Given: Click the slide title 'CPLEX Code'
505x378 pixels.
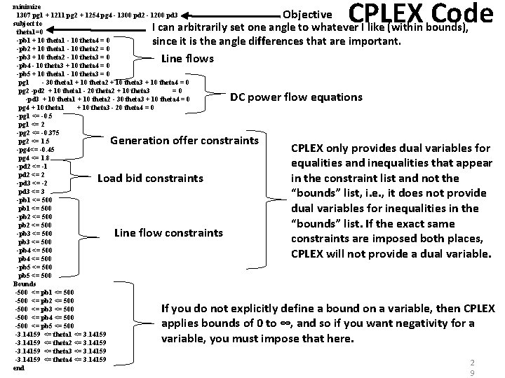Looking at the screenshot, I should click(420, 15).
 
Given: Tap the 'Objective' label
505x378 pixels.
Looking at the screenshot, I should click(307, 14).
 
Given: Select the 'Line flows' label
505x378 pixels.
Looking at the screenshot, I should click(187, 58).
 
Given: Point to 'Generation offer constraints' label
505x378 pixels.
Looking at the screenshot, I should click(184, 140).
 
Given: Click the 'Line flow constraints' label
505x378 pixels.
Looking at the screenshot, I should click(168, 232).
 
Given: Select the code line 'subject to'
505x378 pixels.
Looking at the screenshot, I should click(28, 22).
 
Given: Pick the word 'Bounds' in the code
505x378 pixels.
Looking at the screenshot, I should click(25, 283).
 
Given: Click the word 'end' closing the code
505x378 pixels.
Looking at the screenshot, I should click(18, 367).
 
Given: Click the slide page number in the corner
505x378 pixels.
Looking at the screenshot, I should click(472, 367).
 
